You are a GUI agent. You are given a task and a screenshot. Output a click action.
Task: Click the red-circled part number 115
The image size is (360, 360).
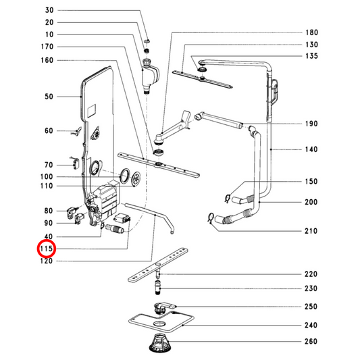tap(46, 249)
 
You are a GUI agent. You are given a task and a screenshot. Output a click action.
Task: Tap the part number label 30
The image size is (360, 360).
tap(49, 10)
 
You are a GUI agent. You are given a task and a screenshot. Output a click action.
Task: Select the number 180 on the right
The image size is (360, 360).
tap(311, 32)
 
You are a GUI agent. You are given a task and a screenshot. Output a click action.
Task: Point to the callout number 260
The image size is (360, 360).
tap(311, 341)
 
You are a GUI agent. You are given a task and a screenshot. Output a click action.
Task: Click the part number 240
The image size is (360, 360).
tap(311, 324)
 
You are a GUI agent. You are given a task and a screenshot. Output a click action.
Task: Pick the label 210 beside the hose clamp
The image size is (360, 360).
tap(311, 232)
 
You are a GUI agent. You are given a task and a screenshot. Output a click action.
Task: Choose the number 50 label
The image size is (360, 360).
tap(49, 97)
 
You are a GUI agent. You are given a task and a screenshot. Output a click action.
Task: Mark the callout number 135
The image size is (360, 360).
tap(311, 57)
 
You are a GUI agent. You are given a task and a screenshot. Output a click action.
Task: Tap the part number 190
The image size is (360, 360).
tap(311, 124)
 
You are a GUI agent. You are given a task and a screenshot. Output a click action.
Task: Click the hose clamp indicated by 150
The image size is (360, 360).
tap(228, 197)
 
